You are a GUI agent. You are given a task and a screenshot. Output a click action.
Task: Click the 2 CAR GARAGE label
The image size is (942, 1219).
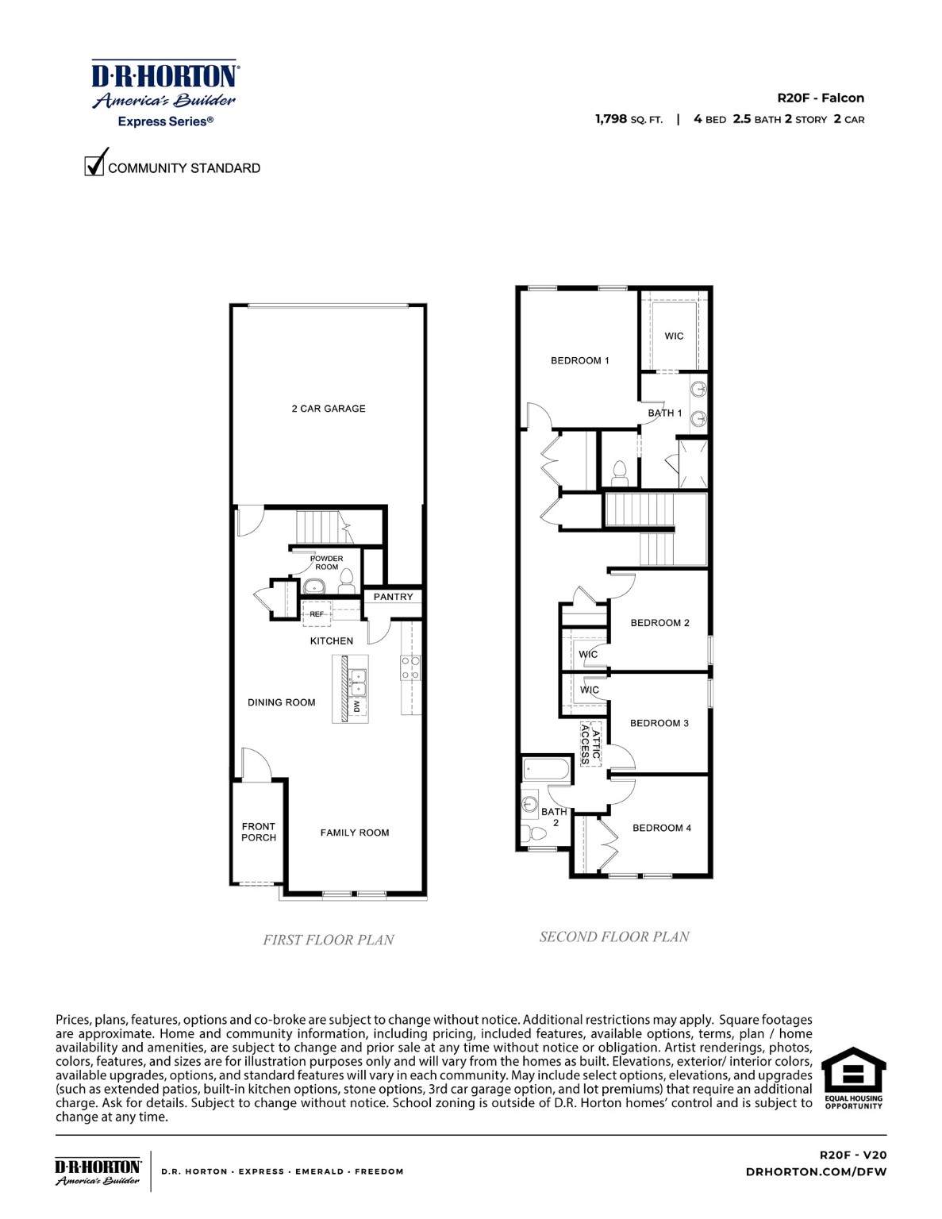(x=329, y=409)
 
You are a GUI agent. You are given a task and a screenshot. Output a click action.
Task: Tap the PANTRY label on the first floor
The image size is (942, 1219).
(x=393, y=597)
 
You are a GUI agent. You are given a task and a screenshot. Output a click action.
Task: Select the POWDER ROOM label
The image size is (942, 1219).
(x=327, y=563)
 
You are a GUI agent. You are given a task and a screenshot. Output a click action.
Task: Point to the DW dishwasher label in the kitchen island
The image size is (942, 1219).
(x=357, y=706)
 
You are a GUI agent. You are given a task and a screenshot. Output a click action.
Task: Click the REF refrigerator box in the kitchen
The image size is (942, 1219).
(x=317, y=614)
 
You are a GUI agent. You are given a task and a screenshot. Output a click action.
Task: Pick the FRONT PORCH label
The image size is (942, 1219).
(x=259, y=832)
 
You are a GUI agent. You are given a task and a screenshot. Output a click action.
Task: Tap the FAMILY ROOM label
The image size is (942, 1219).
(x=355, y=833)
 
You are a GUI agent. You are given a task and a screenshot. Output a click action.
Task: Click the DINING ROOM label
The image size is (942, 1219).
(x=281, y=702)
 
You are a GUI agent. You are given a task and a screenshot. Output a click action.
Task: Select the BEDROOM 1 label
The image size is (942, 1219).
(x=579, y=360)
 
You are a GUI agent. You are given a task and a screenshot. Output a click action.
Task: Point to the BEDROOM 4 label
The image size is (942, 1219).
(x=661, y=828)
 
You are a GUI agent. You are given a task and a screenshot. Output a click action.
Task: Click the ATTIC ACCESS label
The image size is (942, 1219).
(x=590, y=744)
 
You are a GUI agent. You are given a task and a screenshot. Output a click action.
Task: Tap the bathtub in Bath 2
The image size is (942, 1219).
(x=546, y=769)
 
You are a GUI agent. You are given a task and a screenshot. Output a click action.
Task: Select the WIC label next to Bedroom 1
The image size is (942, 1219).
(x=674, y=336)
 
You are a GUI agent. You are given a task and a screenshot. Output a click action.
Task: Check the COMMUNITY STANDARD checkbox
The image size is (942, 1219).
(x=94, y=165)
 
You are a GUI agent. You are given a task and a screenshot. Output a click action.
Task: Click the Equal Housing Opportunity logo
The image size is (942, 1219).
(x=853, y=1078)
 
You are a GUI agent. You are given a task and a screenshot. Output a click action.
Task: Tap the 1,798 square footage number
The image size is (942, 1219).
(x=611, y=119)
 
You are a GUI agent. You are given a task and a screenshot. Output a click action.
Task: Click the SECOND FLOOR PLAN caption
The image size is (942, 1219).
(x=614, y=936)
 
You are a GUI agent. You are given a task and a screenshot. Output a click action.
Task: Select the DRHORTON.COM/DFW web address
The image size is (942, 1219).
(x=816, y=1171)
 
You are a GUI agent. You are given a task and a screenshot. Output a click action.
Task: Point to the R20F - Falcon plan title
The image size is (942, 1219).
(x=820, y=98)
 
